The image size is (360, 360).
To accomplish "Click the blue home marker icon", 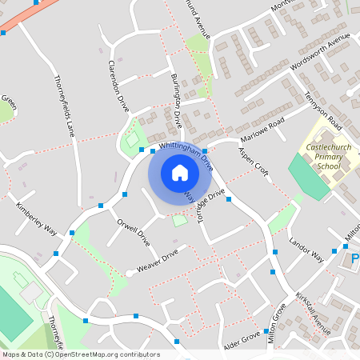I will pyautogui.click(x=180, y=172).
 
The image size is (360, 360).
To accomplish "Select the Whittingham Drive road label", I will pyautogui.click(x=186, y=153).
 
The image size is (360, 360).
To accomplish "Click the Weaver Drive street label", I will pyautogui.click(x=157, y=260).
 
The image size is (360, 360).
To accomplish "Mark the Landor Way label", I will pyautogui.click(x=306, y=248).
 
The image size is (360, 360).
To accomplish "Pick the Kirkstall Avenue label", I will pyautogui.click(x=313, y=313).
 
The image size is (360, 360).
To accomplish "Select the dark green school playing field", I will pyautogui.click(x=307, y=176).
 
